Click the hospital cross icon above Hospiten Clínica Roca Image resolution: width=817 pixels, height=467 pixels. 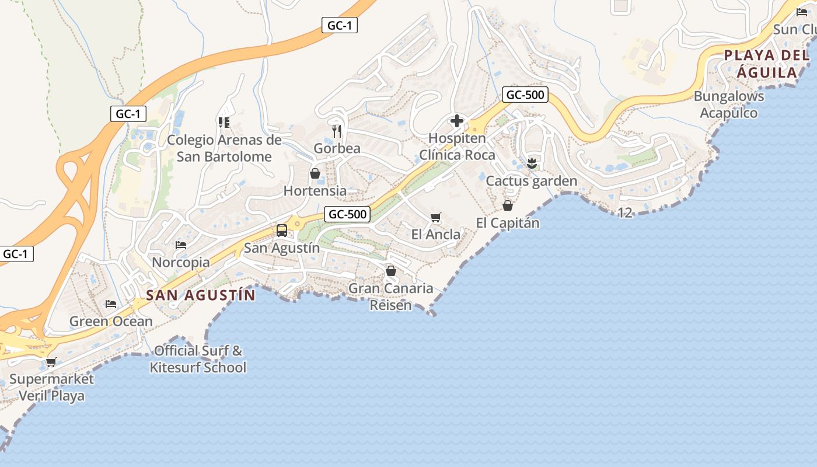(x=457, y=121)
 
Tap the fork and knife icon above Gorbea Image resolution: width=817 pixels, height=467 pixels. (x=337, y=131)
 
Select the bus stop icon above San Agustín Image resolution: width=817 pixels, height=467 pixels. (x=282, y=230)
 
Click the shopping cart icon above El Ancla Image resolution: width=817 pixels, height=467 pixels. (x=435, y=218)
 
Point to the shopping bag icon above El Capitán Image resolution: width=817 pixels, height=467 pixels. (x=508, y=205)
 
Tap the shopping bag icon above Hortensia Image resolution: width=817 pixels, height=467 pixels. (x=315, y=173)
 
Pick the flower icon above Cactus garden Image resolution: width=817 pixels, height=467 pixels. (x=531, y=163)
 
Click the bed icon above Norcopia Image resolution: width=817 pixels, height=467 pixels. (x=181, y=245)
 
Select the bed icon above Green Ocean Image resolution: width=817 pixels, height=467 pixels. (x=111, y=304)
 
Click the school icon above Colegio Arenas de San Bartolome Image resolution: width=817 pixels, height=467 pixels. (x=224, y=123)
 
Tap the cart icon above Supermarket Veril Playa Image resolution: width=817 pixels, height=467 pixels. (x=51, y=362)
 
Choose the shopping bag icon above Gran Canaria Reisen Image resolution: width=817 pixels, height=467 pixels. (x=391, y=271)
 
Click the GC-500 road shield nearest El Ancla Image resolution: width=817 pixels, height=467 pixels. (x=348, y=214)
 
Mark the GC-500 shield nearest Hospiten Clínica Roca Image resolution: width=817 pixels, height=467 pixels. (x=525, y=95)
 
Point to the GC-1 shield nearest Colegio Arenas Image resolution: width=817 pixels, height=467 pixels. (x=128, y=113)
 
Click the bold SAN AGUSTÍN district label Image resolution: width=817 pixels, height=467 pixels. (x=201, y=295)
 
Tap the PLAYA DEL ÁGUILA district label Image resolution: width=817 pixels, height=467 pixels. (x=767, y=64)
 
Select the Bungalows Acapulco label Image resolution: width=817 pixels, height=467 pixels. (x=729, y=104)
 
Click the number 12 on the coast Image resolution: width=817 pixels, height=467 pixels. (x=624, y=212)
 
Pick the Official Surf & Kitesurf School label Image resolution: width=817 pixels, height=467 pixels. (x=198, y=359)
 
